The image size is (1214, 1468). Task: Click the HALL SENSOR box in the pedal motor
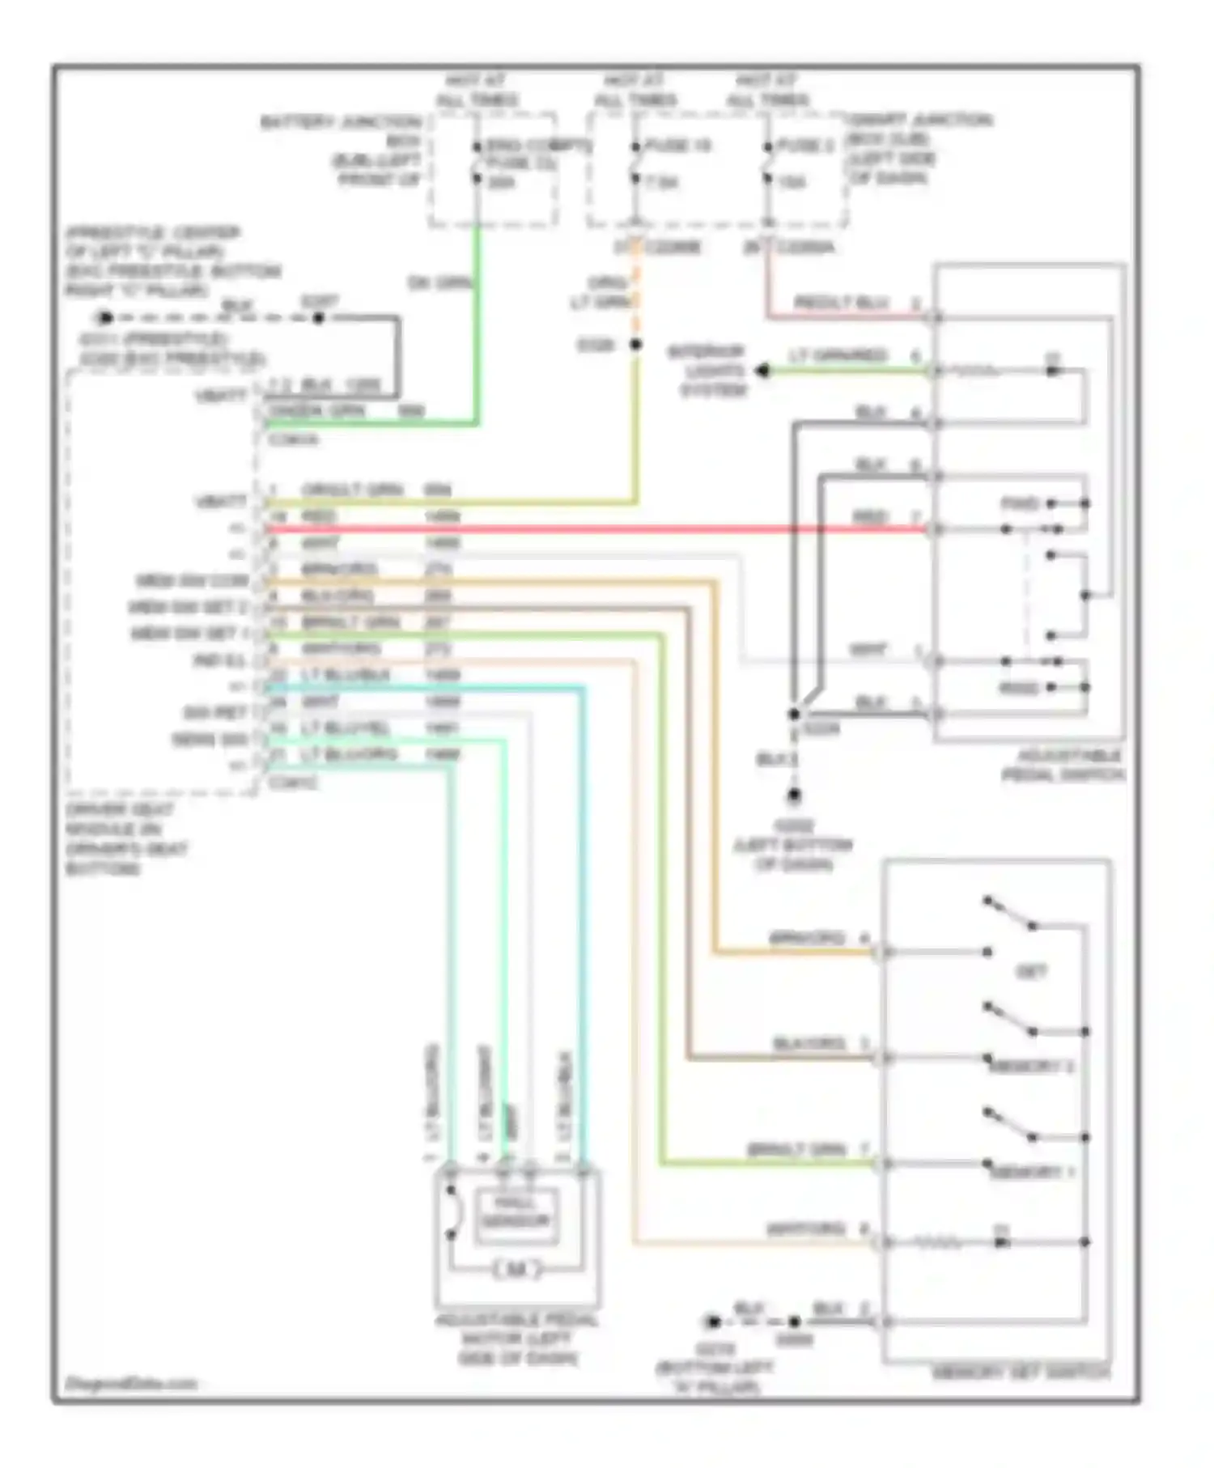point(516,1213)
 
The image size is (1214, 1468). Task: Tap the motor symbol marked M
point(516,1270)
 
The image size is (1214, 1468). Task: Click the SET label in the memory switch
point(1030,972)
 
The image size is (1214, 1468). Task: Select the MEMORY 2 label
point(1032,1067)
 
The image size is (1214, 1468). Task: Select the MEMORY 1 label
point(1032,1172)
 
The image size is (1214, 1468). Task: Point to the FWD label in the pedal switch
point(1020,504)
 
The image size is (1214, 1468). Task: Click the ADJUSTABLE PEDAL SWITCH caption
point(1063,766)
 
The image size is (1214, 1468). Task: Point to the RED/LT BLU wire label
point(843,303)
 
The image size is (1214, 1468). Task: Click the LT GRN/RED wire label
point(837,356)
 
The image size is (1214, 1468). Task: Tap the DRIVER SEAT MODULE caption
point(126,839)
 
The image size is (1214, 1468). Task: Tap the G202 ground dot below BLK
point(794,796)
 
